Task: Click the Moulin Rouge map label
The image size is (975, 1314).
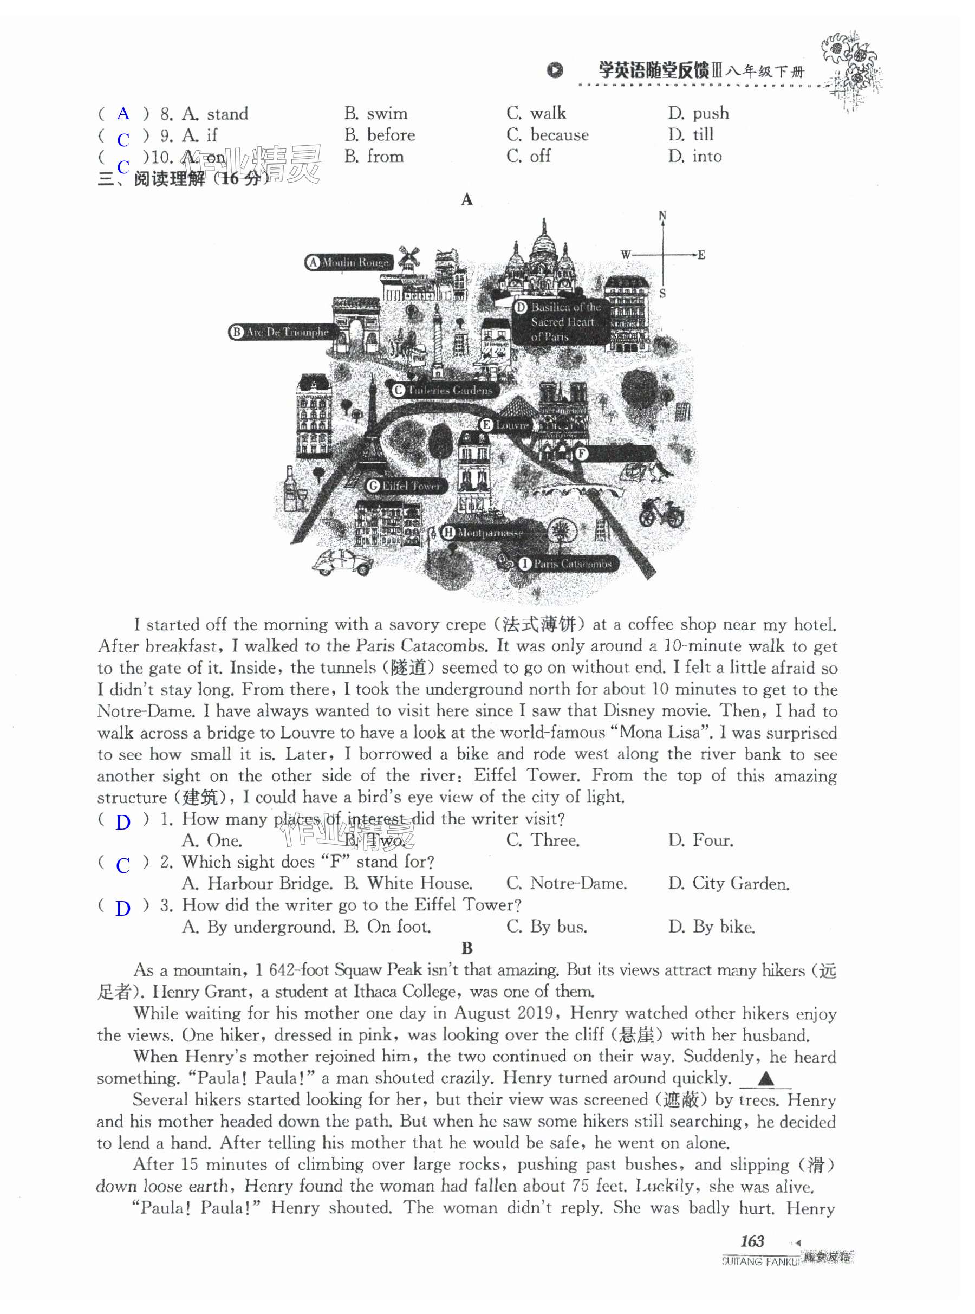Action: pyautogui.click(x=349, y=262)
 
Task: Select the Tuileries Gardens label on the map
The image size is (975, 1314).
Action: pyautogui.click(x=443, y=390)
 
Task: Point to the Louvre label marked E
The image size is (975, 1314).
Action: pyautogui.click(x=505, y=425)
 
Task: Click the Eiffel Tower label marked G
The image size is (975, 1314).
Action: pyautogui.click(x=406, y=486)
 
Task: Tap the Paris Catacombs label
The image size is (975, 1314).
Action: pyautogui.click(x=566, y=564)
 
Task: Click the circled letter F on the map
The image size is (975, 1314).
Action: pyautogui.click(x=581, y=454)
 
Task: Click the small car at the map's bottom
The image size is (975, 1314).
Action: pyautogui.click(x=343, y=561)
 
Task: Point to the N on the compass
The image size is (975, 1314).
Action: pyautogui.click(x=663, y=217)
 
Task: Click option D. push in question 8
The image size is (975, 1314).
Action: pyautogui.click(x=698, y=113)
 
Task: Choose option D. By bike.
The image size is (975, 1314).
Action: pyautogui.click(x=711, y=927)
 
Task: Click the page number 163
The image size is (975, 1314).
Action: pyautogui.click(x=752, y=1241)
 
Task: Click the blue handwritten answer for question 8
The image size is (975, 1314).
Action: pyautogui.click(x=123, y=113)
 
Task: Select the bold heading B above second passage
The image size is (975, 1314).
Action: pyautogui.click(x=467, y=949)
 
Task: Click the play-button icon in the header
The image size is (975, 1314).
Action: pyautogui.click(x=555, y=71)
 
